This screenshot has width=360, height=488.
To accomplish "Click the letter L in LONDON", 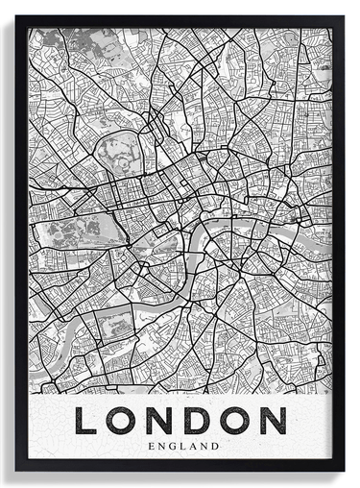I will click(87, 421).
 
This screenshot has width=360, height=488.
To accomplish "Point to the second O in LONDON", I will click(234, 421).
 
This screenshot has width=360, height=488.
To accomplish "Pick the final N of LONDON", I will click(272, 421).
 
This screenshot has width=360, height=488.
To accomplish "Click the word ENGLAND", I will click(180, 445).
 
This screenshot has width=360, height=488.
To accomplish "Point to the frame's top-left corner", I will click(16, 16).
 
